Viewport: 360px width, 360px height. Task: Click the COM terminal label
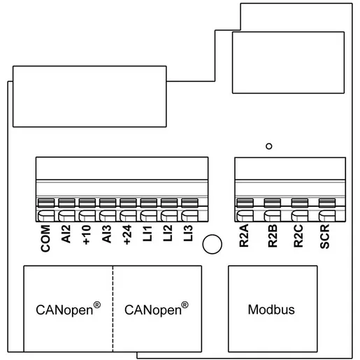[45, 238]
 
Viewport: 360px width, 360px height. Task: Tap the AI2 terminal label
[66, 234]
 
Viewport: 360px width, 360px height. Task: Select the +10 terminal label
[87, 235]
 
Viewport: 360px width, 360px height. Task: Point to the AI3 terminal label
[107, 234]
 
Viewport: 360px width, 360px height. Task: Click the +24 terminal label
[127, 235]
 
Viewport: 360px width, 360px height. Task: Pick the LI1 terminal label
[147, 233]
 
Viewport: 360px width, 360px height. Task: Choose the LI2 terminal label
[168, 233]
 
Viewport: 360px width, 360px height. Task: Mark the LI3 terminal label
[188, 233]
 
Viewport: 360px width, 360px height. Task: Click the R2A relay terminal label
[244, 236]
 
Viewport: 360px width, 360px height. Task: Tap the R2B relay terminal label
[273, 236]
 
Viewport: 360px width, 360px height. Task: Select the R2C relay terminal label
[298, 236]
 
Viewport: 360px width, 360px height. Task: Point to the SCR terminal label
[325, 236]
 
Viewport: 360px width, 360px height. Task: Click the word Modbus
[271, 310]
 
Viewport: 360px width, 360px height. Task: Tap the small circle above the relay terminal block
[269, 143]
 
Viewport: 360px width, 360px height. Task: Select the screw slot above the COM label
[46, 203]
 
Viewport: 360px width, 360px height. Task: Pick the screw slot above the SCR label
[327, 203]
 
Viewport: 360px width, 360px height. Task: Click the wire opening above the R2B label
[273, 215]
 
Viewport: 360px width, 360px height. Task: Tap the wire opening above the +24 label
[128, 215]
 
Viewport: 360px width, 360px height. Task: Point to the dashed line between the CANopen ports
[113, 308]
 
